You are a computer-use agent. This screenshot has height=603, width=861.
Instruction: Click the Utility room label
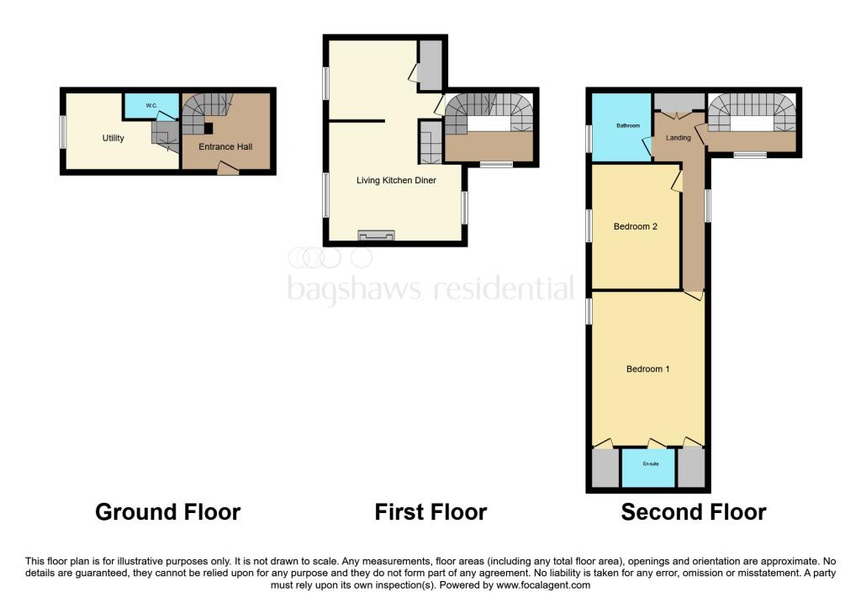click(114, 138)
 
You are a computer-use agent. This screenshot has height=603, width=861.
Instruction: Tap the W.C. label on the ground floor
click(151, 105)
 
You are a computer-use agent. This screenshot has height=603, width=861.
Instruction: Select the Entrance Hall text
click(224, 146)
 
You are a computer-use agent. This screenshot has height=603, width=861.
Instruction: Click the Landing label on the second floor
click(679, 138)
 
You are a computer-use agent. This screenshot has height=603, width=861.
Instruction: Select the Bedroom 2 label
click(635, 225)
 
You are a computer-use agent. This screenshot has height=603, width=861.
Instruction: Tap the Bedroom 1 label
click(647, 368)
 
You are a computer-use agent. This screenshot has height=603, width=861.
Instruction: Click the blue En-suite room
click(647, 468)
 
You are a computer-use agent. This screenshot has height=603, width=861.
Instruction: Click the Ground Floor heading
click(167, 511)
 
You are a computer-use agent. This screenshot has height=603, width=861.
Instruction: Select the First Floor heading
click(430, 511)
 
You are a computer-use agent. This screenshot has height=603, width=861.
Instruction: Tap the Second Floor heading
click(693, 511)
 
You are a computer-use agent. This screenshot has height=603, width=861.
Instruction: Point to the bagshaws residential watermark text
click(430, 288)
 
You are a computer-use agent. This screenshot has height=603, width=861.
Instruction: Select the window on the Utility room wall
click(62, 132)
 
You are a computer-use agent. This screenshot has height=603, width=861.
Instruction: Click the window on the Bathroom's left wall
click(589, 139)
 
